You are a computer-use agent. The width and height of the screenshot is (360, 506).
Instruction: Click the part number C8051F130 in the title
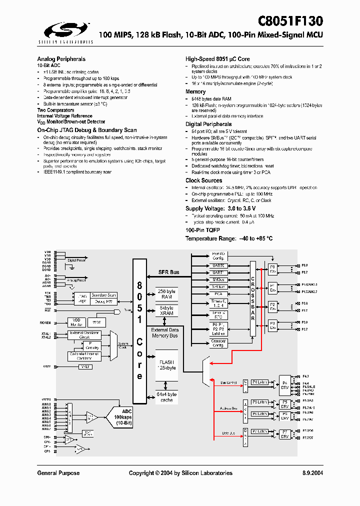(290, 20)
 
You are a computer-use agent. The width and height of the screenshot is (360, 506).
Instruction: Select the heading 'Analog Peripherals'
(61, 59)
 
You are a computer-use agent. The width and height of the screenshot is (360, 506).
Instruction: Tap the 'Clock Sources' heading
(203, 180)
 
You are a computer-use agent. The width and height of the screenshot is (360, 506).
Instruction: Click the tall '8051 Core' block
(139, 330)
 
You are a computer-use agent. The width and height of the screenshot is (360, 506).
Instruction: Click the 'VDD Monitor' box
(77, 322)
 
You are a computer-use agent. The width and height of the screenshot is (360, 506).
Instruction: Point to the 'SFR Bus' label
(168, 272)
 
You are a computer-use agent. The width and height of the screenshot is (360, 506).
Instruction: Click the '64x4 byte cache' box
(167, 397)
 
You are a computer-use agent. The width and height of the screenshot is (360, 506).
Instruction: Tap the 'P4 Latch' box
(259, 382)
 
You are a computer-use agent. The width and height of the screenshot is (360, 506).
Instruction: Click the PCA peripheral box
(218, 294)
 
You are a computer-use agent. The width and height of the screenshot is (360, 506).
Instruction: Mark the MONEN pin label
(45, 322)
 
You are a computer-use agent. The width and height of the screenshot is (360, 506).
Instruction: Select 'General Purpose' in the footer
(58, 473)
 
